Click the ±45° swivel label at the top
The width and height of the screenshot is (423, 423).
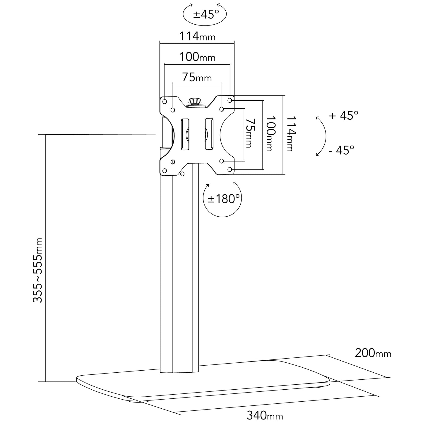coord(206,15)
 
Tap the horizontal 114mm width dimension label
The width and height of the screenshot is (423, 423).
coord(197,36)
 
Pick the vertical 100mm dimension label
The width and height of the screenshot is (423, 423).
coord(271,134)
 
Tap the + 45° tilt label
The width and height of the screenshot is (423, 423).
coord(344,115)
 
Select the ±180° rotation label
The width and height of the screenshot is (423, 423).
coord(223,199)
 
